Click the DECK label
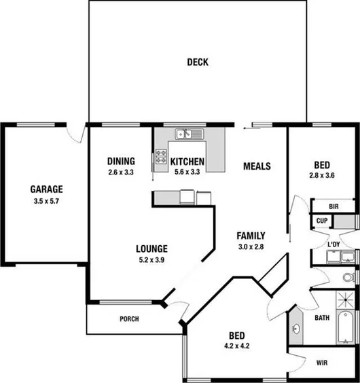198,62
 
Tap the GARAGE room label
46,189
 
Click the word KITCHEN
187,162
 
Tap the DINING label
121,162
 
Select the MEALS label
257,166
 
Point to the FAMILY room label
251,236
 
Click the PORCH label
129,319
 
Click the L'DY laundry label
334,244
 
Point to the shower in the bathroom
346,299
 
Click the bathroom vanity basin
297,329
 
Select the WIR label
322,363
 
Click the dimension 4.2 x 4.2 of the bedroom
236,346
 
